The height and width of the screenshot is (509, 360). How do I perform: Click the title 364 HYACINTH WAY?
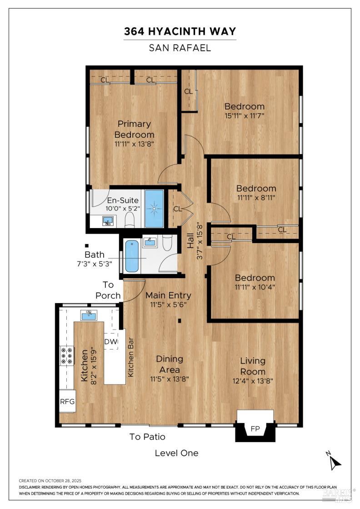click(x=180, y=31)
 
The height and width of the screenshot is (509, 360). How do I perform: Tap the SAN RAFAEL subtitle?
click(x=180, y=48)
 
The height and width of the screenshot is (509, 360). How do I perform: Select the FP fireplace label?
click(x=255, y=429)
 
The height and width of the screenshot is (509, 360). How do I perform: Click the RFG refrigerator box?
click(x=67, y=402)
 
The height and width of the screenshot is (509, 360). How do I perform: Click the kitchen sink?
click(x=89, y=314)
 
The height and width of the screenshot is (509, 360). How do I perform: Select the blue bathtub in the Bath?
click(x=131, y=256)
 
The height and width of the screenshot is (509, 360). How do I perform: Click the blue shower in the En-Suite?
click(x=154, y=209)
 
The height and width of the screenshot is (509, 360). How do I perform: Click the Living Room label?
click(x=253, y=366)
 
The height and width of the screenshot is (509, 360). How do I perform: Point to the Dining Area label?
click(x=170, y=364)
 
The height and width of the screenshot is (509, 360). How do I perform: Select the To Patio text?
click(x=147, y=437)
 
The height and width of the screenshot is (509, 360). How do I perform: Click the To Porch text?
click(x=108, y=290)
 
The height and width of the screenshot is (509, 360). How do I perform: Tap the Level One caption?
click(x=176, y=453)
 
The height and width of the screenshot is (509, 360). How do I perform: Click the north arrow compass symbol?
click(x=335, y=461)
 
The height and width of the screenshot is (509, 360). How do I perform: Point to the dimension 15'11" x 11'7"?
click(x=244, y=115)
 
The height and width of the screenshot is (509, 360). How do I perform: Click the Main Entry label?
click(x=168, y=295)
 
